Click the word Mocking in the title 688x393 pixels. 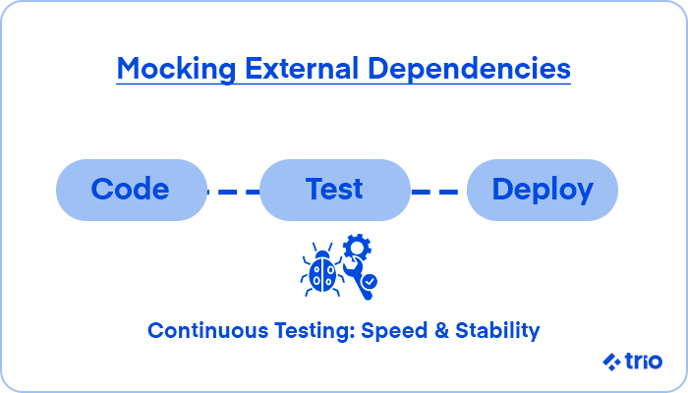(x=176, y=70)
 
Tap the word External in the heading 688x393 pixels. (x=302, y=69)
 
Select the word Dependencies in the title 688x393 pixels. (x=469, y=70)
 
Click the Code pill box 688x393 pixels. (x=131, y=190)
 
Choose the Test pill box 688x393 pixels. (x=335, y=190)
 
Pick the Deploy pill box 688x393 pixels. (x=543, y=190)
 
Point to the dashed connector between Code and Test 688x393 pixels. (x=234, y=192)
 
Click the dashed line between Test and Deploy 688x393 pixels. (x=438, y=192)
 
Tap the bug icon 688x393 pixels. (x=322, y=270)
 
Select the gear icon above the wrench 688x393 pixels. (x=357, y=248)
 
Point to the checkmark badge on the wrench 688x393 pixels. (x=371, y=281)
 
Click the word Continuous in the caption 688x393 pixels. (x=207, y=330)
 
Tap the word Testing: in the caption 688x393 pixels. (x=315, y=331)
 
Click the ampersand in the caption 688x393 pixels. (x=441, y=331)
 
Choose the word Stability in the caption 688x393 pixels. (x=497, y=331)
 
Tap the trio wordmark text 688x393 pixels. (x=644, y=361)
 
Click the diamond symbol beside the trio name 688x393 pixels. (x=611, y=362)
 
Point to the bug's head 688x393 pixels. (x=322, y=254)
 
